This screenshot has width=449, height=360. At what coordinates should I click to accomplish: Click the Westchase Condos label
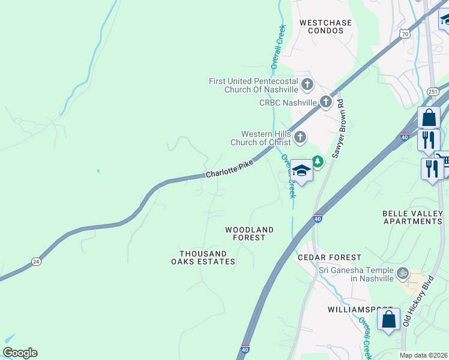(325, 27)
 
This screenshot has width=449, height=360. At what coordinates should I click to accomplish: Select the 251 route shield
(432, 91)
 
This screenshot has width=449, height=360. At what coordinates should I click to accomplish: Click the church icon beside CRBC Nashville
(326, 102)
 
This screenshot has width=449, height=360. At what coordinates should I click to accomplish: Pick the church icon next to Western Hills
(300, 138)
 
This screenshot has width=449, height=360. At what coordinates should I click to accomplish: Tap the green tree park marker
(317, 161)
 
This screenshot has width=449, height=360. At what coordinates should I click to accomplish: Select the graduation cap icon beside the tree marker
(302, 171)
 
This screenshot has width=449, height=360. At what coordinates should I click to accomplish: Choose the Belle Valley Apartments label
(412, 217)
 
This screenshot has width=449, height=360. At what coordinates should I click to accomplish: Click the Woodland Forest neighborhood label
(249, 233)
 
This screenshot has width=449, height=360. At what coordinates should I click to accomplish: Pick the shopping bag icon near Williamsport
(388, 319)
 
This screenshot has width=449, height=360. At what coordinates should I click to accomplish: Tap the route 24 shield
(36, 262)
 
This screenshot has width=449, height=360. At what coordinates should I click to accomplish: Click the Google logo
(20, 353)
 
